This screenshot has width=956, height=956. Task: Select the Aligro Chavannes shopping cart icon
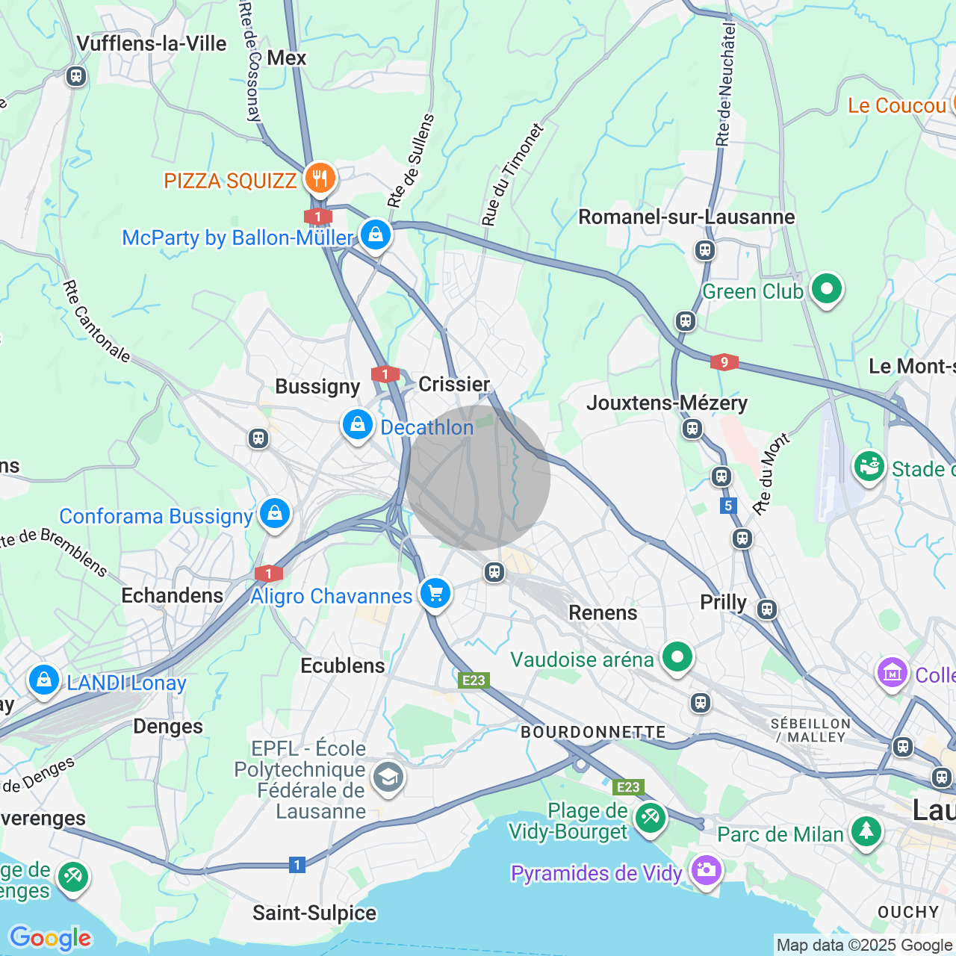pyautogui.click(x=435, y=595)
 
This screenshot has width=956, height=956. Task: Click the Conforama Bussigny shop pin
pyautogui.click(x=275, y=514)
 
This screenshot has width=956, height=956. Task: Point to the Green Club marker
pyautogui.click(x=826, y=289)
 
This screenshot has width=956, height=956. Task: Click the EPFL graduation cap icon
pyautogui.click(x=388, y=777)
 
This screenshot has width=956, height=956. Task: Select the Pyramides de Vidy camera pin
pyautogui.click(x=706, y=870)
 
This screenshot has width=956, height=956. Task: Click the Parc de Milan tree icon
pyautogui.click(x=866, y=831)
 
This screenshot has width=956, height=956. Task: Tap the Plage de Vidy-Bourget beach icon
pyautogui.click(x=651, y=818)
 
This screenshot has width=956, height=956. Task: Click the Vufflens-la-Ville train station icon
pyautogui.click(x=75, y=76)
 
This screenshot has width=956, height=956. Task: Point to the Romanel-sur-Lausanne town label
pyautogui.click(x=686, y=217)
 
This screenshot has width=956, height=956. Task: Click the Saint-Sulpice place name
pyautogui.click(x=314, y=913)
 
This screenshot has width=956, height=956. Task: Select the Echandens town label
pyautogui.click(x=173, y=595)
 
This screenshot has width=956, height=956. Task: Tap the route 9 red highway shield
pyautogui.click(x=724, y=363)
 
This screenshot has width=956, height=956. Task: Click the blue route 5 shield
pyautogui.click(x=728, y=506)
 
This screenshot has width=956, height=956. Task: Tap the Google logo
pyautogui.click(x=50, y=938)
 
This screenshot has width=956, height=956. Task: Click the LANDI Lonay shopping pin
pyautogui.click(x=44, y=680)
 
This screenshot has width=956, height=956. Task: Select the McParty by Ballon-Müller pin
pyautogui.click(x=376, y=235)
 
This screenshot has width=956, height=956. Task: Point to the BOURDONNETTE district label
pyautogui.click(x=593, y=732)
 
